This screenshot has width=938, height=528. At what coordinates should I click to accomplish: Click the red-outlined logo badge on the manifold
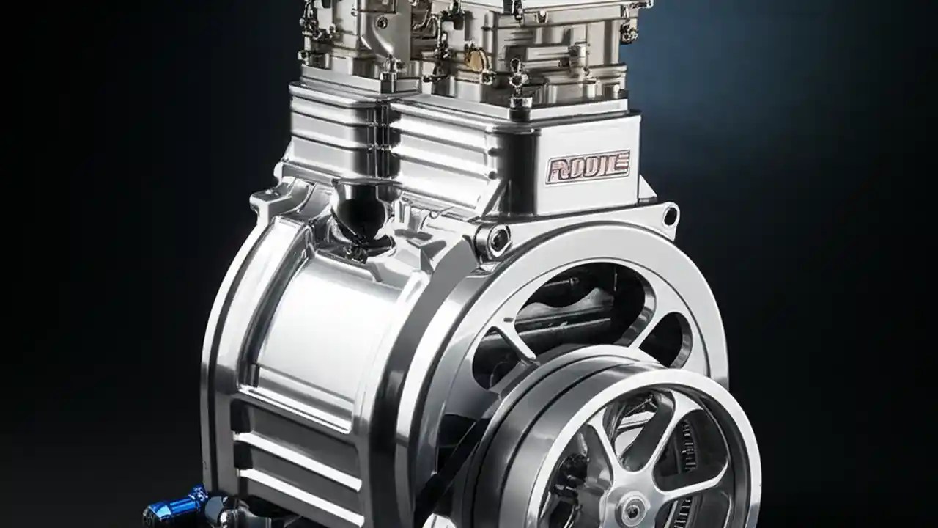[588, 166]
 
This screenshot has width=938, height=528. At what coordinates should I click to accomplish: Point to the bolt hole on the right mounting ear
[669, 215]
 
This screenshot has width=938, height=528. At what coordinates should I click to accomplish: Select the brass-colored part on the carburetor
[476, 59]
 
